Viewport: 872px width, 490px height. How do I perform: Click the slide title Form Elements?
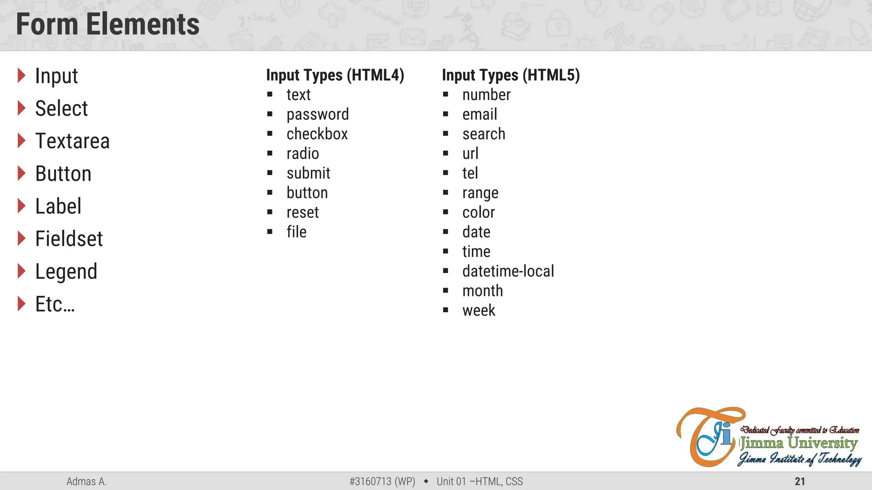[x=108, y=24]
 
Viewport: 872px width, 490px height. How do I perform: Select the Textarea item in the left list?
[x=72, y=141]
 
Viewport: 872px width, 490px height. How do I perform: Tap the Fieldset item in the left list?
[x=69, y=239]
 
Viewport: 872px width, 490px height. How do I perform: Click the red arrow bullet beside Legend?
[x=21, y=271]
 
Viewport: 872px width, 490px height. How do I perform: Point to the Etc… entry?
[x=55, y=305]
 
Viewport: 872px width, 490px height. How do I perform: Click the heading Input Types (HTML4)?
[x=335, y=75]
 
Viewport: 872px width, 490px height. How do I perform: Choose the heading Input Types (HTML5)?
[x=511, y=75]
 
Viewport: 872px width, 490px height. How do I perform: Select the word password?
[x=318, y=114]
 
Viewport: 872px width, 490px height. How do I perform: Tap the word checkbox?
[x=317, y=134]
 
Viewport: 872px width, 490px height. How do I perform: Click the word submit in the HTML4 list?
[x=308, y=173]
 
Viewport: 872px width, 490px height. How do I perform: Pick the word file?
[x=296, y=232]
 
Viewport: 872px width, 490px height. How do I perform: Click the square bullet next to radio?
[x=270, y=153]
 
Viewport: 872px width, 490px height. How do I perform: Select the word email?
[x=480, y=114]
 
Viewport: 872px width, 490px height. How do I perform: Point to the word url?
[x=470, y=154]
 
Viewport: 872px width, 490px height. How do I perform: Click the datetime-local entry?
[x=508, y=271]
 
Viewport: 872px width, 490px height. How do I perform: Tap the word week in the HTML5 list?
[x=479, y=311]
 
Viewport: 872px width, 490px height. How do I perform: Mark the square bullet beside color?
[x=445, y=212]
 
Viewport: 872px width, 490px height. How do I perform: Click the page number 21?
[x=800, y=481]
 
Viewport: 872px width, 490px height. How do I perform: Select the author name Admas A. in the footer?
[x=86, y=481]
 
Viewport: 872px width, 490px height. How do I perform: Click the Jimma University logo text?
[x=798, y=443]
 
